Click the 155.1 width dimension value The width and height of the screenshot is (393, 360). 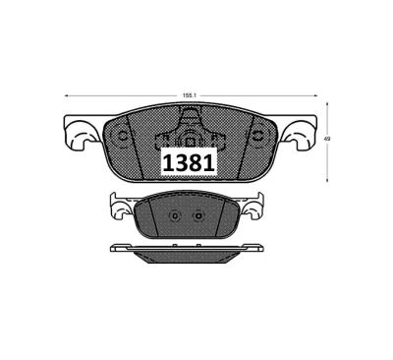tap(189, 95)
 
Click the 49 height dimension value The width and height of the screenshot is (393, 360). tap(327, 139)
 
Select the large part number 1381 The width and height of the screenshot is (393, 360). tap(189, 163)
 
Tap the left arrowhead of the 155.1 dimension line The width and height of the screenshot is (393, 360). tap(67, 95)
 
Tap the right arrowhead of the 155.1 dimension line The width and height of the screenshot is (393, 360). tap(315, 95)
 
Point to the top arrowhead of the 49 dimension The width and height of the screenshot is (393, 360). tap(327, 104)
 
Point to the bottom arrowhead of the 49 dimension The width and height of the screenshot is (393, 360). tap(327, 179)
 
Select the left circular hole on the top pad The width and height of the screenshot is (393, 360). tap(123, 136)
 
